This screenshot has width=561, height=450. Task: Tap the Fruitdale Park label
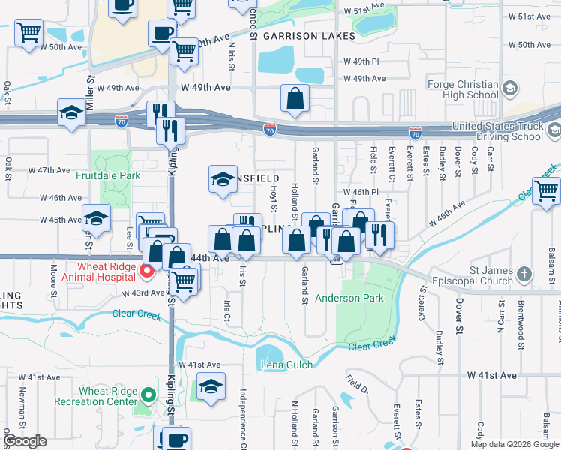click(108, 177)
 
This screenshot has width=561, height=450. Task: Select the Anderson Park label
click(349, 298)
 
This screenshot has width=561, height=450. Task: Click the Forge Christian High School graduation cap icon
click(510, 89)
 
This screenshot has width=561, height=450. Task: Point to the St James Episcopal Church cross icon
click(524, 274)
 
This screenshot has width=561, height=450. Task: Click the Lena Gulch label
click(285, 365)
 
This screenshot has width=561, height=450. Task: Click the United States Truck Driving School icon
click(553, 131)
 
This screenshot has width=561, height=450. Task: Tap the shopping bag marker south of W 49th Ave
click(295, 98)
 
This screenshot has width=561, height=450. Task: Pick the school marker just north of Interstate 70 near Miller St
click(71, 113)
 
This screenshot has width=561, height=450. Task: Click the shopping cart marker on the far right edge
click(546, 190)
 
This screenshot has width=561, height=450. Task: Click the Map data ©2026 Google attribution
click(514, 444)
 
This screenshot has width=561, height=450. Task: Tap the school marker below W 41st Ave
click(211, 387)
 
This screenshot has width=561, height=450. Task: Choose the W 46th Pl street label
click(360, 193)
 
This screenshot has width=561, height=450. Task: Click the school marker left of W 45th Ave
click(96, 218)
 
